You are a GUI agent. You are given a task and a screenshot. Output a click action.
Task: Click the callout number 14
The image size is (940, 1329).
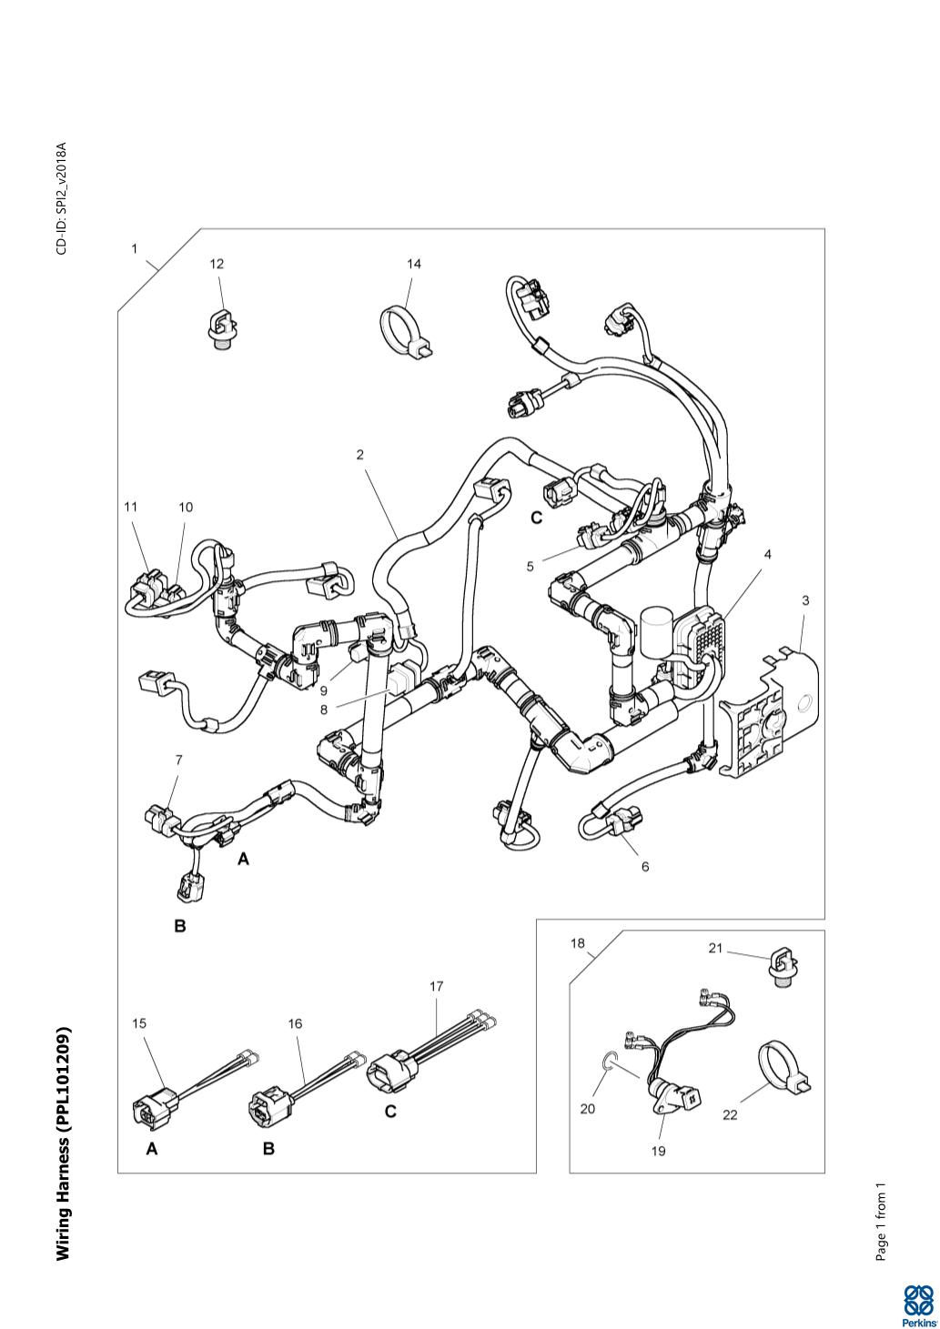(414, 264)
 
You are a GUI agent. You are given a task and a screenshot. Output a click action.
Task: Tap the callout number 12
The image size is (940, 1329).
(217, 264)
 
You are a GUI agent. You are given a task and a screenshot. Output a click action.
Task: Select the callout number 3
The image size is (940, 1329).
(805, 600)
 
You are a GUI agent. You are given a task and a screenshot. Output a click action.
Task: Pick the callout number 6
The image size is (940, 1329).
(645, 867)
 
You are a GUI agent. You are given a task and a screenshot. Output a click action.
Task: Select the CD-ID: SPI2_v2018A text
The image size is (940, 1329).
(62, 198)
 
